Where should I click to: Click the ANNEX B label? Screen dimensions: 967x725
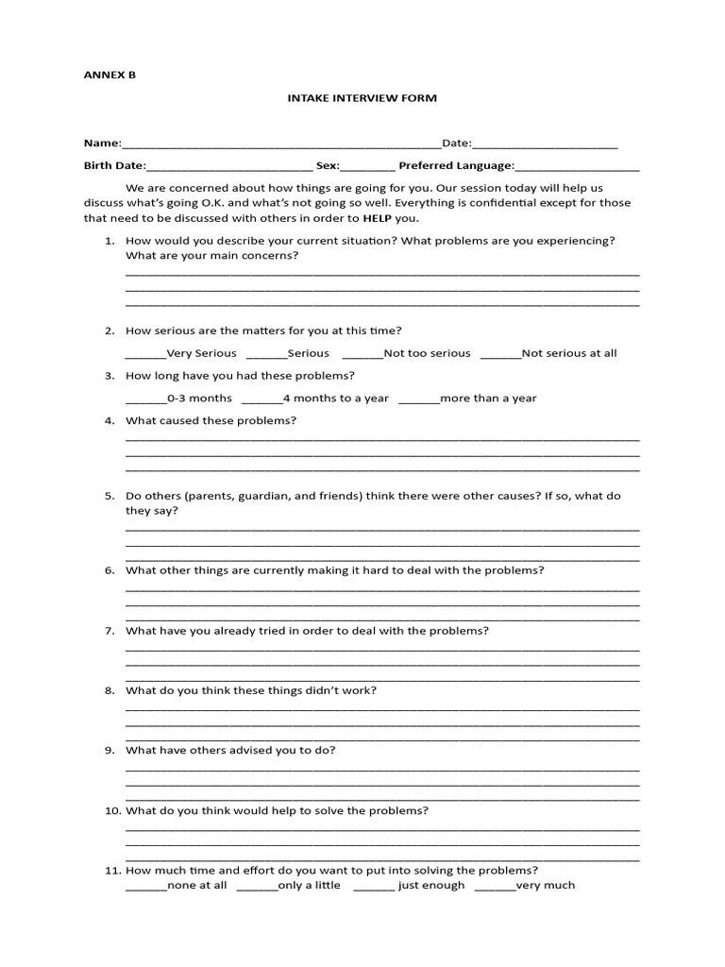tap(110, 75)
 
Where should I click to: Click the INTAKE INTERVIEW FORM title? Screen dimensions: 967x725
tap(362, 97)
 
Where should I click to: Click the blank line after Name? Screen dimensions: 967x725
tap(281, 144)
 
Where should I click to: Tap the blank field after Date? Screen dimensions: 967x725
tap(545, 144)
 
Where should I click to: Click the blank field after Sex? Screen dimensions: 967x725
tap(368, 166)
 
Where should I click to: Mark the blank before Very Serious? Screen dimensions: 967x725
tap(145, 354)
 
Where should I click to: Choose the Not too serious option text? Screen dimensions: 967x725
tap(427, 353)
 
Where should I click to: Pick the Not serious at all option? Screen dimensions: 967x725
tap(568, 353)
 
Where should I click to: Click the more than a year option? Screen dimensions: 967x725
tap(488, 399)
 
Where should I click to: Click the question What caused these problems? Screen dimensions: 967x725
tap(211, 420)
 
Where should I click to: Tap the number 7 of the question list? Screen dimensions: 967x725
tap(110, 631)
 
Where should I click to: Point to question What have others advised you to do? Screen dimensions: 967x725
tap(230, 750)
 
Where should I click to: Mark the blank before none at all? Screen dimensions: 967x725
tap(145, 887)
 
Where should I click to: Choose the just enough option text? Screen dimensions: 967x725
tap(431, 886)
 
